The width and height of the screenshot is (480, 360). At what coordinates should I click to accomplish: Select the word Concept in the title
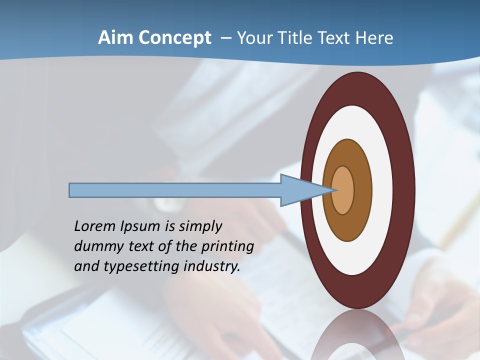click(x=175, y=38)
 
